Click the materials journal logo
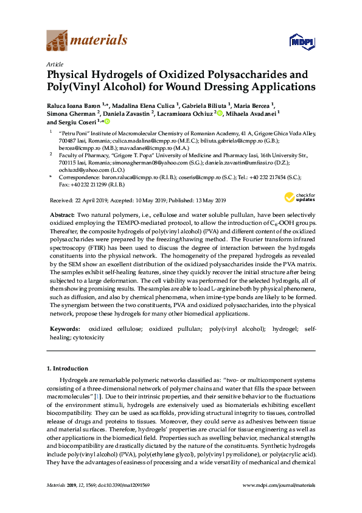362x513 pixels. coord(87,41)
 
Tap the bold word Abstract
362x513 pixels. coord(61,215)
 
